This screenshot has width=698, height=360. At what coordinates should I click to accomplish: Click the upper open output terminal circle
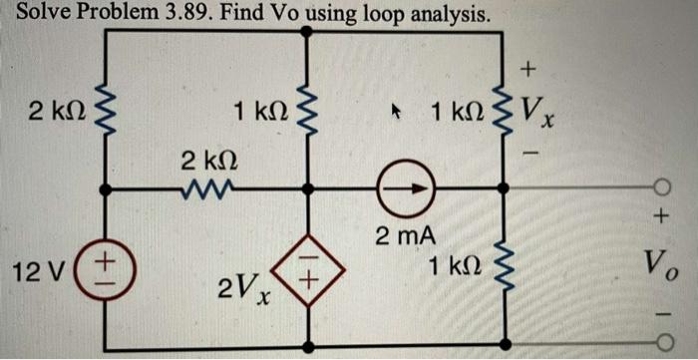tap(659, 186)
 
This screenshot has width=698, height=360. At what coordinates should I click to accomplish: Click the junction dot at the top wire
tap(306, 31)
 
